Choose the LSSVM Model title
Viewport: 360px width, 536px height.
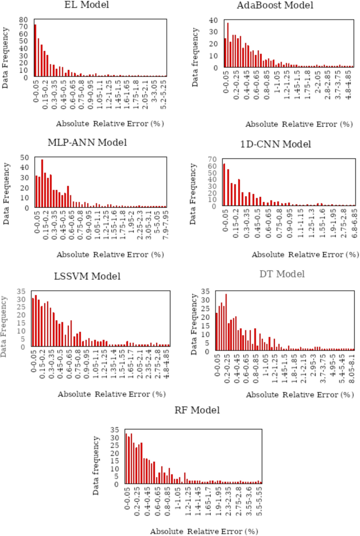87,276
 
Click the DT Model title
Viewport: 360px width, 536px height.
282,274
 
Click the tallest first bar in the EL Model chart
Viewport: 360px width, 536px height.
35,50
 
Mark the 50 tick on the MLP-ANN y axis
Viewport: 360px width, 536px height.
24,157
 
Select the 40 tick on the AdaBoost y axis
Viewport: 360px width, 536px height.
214,21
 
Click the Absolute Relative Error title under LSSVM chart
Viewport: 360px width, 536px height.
109,394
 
